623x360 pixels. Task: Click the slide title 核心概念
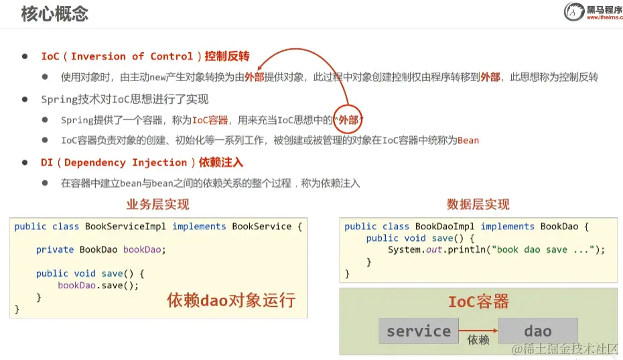[x=54, y=14]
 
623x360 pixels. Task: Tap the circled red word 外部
[x=348, y=120]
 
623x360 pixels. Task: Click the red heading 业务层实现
[x=157, y=204]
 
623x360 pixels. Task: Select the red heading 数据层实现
[x=478, y=204]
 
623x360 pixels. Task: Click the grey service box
[x=419, y=331]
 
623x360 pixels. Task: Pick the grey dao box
[x=538, y=331]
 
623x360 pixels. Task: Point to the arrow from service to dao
[x=478, y=330]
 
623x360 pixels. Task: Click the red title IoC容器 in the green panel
[x=478, y=302]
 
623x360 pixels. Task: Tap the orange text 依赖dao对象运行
[x=231, y=300]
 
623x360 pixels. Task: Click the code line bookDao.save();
[x=98, y=285]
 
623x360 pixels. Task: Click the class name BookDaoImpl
[x=445, y=227]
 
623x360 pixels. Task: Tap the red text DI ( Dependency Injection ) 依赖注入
[x=142, y=162]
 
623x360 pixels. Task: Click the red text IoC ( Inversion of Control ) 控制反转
[x=145, y=56]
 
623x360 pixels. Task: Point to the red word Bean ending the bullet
[x=468, y=141]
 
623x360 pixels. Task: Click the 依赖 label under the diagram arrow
[x=478, y=341]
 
